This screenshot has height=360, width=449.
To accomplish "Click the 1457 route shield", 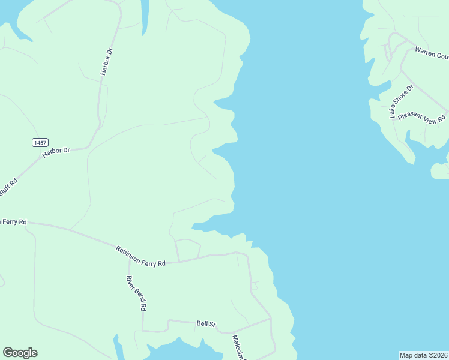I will click(x=40, y=142).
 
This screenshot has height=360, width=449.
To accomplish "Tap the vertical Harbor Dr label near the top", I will click(x=107, y=62).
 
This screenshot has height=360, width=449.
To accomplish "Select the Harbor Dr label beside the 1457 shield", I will click(x=56, y=154).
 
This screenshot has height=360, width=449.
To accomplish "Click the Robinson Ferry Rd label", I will click(x=140, y=255).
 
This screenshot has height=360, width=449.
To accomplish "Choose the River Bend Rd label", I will click(x=136, y=293).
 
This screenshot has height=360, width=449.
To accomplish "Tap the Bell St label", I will click(x=206, y=324).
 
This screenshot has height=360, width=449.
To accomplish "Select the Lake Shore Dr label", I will click(x=401, y=101).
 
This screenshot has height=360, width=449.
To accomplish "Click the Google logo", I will click(x=20, y=353).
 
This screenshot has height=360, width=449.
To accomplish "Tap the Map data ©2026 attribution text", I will click(x=423, y=355).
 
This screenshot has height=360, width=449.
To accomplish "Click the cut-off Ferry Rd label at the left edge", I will click(x=13, y=221).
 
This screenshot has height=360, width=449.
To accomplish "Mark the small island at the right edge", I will click(x=440, y=170).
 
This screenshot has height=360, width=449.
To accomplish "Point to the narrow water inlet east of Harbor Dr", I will click(x=144, y=15).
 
